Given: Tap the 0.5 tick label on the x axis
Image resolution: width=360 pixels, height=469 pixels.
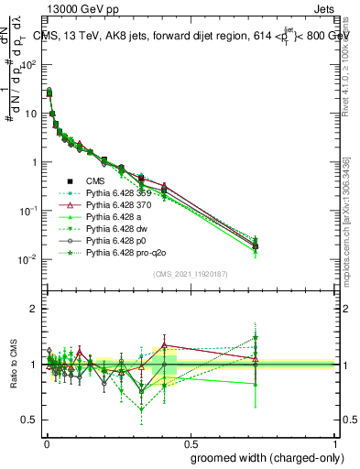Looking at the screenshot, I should point(190,442).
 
